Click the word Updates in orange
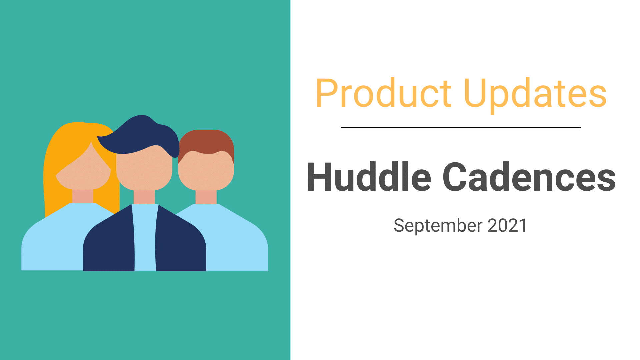tap(535, 95)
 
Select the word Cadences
tap(529, 177)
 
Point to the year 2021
tap(508, 226)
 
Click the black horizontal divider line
tap(461, 127)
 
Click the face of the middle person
tap(144, 172)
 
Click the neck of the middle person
tap(144, 197)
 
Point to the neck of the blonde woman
tap(83, 197)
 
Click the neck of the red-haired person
tap(206, 197)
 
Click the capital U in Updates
tap(475, 93)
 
